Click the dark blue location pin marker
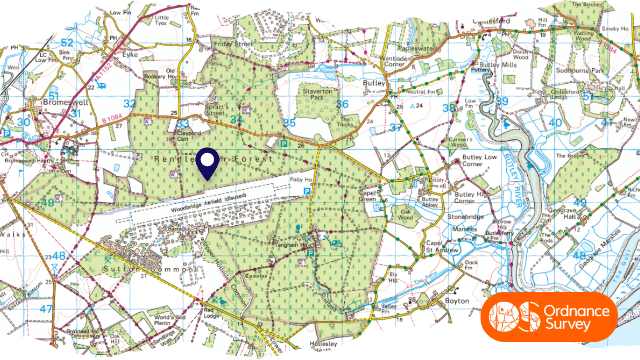pyautogui.click(x=208, y=163)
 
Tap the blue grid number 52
pyautogui.click(x=67, y=41)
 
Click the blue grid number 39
pyautogui.click(x=502, y=101)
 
